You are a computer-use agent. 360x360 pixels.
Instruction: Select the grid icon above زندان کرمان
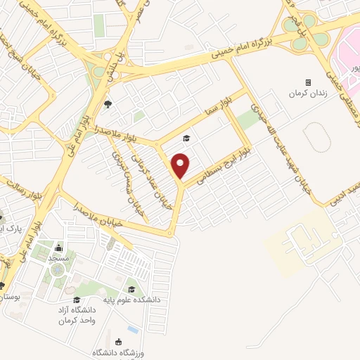tap(308, 82)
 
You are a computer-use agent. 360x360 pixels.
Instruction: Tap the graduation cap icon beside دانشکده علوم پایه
tap(131, 289)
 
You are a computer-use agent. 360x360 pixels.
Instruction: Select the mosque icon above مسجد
tap(58, 248)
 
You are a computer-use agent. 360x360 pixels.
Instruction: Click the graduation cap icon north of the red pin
tap(186, 138)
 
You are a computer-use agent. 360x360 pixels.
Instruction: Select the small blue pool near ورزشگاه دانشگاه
tap(133, 330)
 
